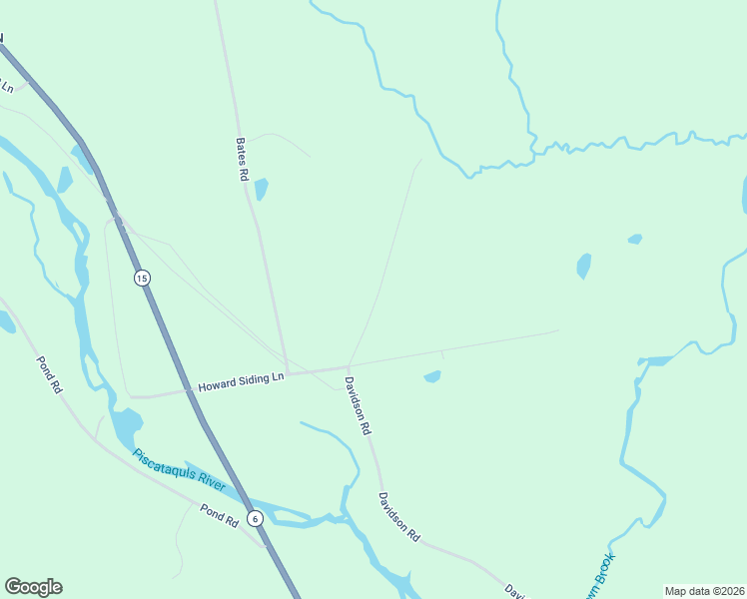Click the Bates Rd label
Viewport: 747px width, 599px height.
point(242,159)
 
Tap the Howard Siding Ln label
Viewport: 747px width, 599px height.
point(241,381)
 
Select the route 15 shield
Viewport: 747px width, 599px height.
point(142,278)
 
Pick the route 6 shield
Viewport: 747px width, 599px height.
point(255,518)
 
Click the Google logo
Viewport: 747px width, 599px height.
point(33,587)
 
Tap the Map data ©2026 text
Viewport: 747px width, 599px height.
point(704,590)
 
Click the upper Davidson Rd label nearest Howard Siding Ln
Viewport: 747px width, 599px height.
point(358,404)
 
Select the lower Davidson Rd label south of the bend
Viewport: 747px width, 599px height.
point(398,517)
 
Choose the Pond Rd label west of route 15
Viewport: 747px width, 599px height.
point(49,375)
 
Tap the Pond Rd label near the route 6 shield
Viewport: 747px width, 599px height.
point(219,514)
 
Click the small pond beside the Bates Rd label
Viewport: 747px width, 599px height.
point(262,189)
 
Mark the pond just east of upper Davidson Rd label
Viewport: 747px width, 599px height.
point(432,376)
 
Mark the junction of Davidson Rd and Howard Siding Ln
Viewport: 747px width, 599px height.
point(348,365)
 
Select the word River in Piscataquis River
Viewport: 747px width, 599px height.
point(210,481)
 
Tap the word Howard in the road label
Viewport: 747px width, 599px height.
point(214,385)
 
